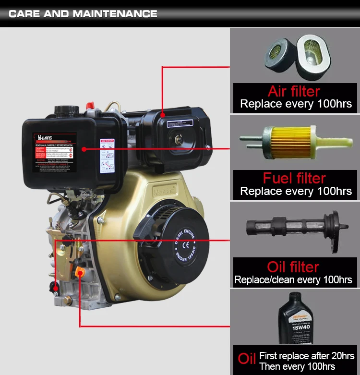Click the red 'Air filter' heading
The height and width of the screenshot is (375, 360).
tap(294, 91)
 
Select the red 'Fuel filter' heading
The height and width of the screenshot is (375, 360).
tap(294, 178)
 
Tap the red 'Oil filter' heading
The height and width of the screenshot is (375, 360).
tap(293, 266)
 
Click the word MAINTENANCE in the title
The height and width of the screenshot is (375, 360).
tap(115, 13)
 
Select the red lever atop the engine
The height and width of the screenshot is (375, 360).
tap(89, 104)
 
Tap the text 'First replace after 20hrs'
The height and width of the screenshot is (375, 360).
tap(307, 356)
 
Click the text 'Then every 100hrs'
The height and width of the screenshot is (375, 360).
tap(297, 366)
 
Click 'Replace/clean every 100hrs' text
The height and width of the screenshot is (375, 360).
tap(293, 279)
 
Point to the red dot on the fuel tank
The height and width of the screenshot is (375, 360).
tap(84, 149)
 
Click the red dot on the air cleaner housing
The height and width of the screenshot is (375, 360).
tap(163, 115)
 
